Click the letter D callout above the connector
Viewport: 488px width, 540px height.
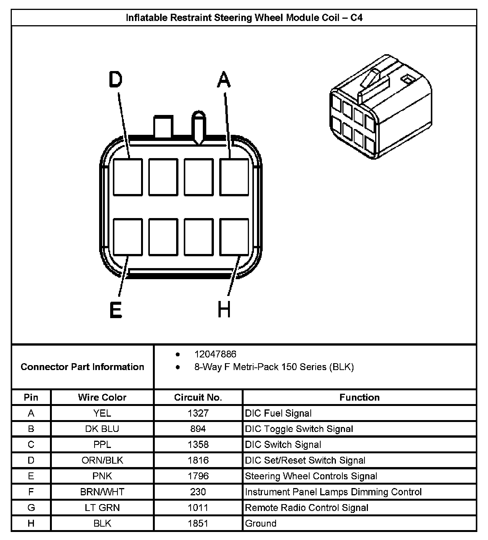(115, 80)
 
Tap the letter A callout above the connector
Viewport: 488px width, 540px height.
(224, 80)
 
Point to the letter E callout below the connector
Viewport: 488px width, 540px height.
(116, 310)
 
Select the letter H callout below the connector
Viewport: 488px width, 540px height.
(224, 310)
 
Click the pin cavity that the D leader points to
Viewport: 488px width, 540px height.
(128, 177)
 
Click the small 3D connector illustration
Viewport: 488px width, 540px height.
(380, 108)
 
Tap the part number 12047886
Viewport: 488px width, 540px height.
(215, 354)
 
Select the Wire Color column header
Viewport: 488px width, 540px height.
(102, 397)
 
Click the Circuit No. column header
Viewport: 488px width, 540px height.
(198, 397)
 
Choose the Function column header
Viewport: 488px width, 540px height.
(360, 397)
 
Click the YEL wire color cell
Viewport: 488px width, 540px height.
(102, 413)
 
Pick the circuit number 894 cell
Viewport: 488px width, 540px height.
(198, 429)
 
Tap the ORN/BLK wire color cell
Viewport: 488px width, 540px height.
(102, 460)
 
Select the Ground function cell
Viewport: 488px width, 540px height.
(261, 523)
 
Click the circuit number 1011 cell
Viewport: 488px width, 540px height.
(198, 508)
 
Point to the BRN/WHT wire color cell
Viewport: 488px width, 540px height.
(102, 492)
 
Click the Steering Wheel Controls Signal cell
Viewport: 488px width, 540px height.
(311, 476)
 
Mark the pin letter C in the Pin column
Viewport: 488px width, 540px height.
(31, 445)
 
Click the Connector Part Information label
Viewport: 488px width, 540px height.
(82, 367)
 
